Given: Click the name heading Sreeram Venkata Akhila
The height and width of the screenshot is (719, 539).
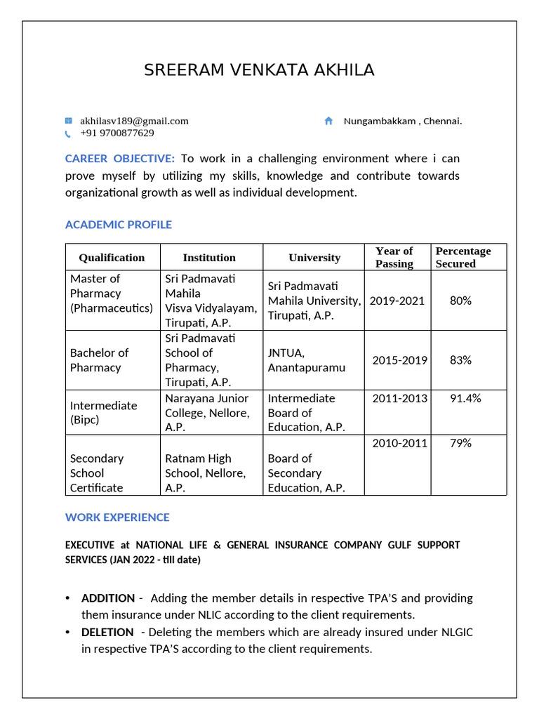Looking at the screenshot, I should [x=259, y=70].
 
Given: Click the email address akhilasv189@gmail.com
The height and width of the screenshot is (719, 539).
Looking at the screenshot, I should [x=134, y=121].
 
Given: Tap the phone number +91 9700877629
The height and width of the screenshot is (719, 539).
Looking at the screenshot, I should [x=117, y=133].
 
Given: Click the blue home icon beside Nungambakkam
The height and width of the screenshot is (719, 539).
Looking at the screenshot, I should [x=328, y=121].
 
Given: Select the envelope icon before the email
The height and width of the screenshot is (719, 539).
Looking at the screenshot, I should [x=69, y=121].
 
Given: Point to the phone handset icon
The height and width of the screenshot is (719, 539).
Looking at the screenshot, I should [x=68, y=133].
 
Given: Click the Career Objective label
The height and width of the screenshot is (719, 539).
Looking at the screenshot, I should [x=119, y=159].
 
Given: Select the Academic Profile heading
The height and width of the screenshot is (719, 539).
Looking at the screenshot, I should [x=118, y=225].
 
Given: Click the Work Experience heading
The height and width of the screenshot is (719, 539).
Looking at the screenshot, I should [x=117, y=517].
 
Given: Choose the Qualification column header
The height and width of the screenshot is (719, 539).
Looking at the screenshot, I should [x=112, y=258].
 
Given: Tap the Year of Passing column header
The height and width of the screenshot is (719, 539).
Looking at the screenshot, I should [x=394, y=257].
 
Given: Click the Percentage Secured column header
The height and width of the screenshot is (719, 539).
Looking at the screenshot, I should [x=463, y=257].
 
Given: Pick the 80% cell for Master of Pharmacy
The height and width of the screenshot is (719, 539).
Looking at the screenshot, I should [x=460, y=301].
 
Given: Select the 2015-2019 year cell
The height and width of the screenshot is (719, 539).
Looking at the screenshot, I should [x=399, y=360].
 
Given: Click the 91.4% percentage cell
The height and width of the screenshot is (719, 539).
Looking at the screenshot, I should [x=465, y=398].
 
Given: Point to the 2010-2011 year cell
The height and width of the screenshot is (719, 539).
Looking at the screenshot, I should [x=399, y=443].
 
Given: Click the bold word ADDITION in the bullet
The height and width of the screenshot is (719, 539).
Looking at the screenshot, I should [x=108, y=598].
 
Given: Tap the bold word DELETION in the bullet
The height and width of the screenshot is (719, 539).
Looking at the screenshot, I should [x=107, y=632].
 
